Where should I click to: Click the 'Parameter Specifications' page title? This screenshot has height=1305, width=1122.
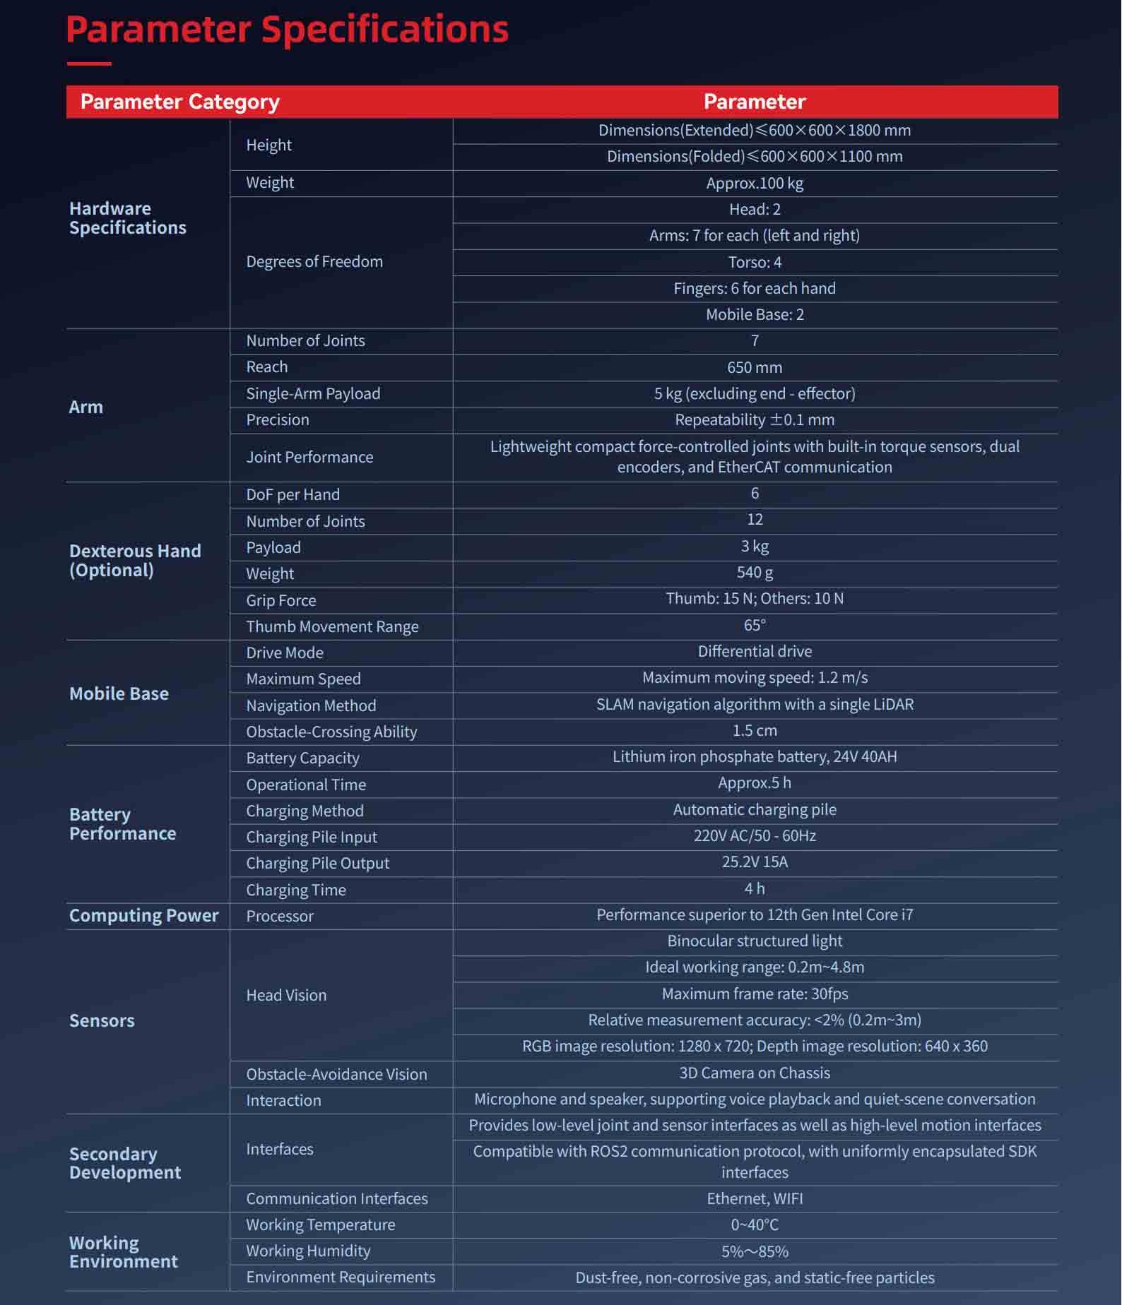[x=287, y=30]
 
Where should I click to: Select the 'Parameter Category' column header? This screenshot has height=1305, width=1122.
[x=179, y=102]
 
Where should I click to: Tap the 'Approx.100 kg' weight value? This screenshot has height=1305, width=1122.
[x=755, y=184]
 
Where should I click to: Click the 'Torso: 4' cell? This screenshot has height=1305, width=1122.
[x=755, y=263]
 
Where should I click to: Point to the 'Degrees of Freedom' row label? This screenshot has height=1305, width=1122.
[x=314, y=262]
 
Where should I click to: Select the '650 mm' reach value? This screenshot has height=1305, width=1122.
[x=755, y=368]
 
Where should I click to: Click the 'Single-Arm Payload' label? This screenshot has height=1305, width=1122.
[x=313, y=394]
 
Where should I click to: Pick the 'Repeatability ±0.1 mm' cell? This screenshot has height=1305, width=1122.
[x=755, y=420]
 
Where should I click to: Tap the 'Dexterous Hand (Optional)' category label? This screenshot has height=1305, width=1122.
[x=135, y=561]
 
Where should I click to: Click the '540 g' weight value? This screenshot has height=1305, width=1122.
[x=755, y=573]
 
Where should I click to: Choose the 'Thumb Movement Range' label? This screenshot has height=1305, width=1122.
[x=332, y=627]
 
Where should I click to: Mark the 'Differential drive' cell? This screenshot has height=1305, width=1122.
[x=755, y=652]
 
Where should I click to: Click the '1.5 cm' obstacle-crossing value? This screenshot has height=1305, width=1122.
[x=755, y=731]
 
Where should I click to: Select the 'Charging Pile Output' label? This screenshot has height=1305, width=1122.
[x=317, y=864]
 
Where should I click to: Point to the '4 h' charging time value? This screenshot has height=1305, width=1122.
[x=755, y=889]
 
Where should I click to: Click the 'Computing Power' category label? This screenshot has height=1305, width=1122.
[x=143, y=916]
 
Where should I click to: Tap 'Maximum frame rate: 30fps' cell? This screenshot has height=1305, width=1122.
[x=755, y=994]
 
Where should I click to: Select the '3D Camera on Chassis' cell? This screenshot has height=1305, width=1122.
[x=755, y=1073]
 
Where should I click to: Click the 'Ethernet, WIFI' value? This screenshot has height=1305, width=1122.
[x=755, y=1199]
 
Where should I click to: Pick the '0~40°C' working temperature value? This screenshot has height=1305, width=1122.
[x=755, y=1225]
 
